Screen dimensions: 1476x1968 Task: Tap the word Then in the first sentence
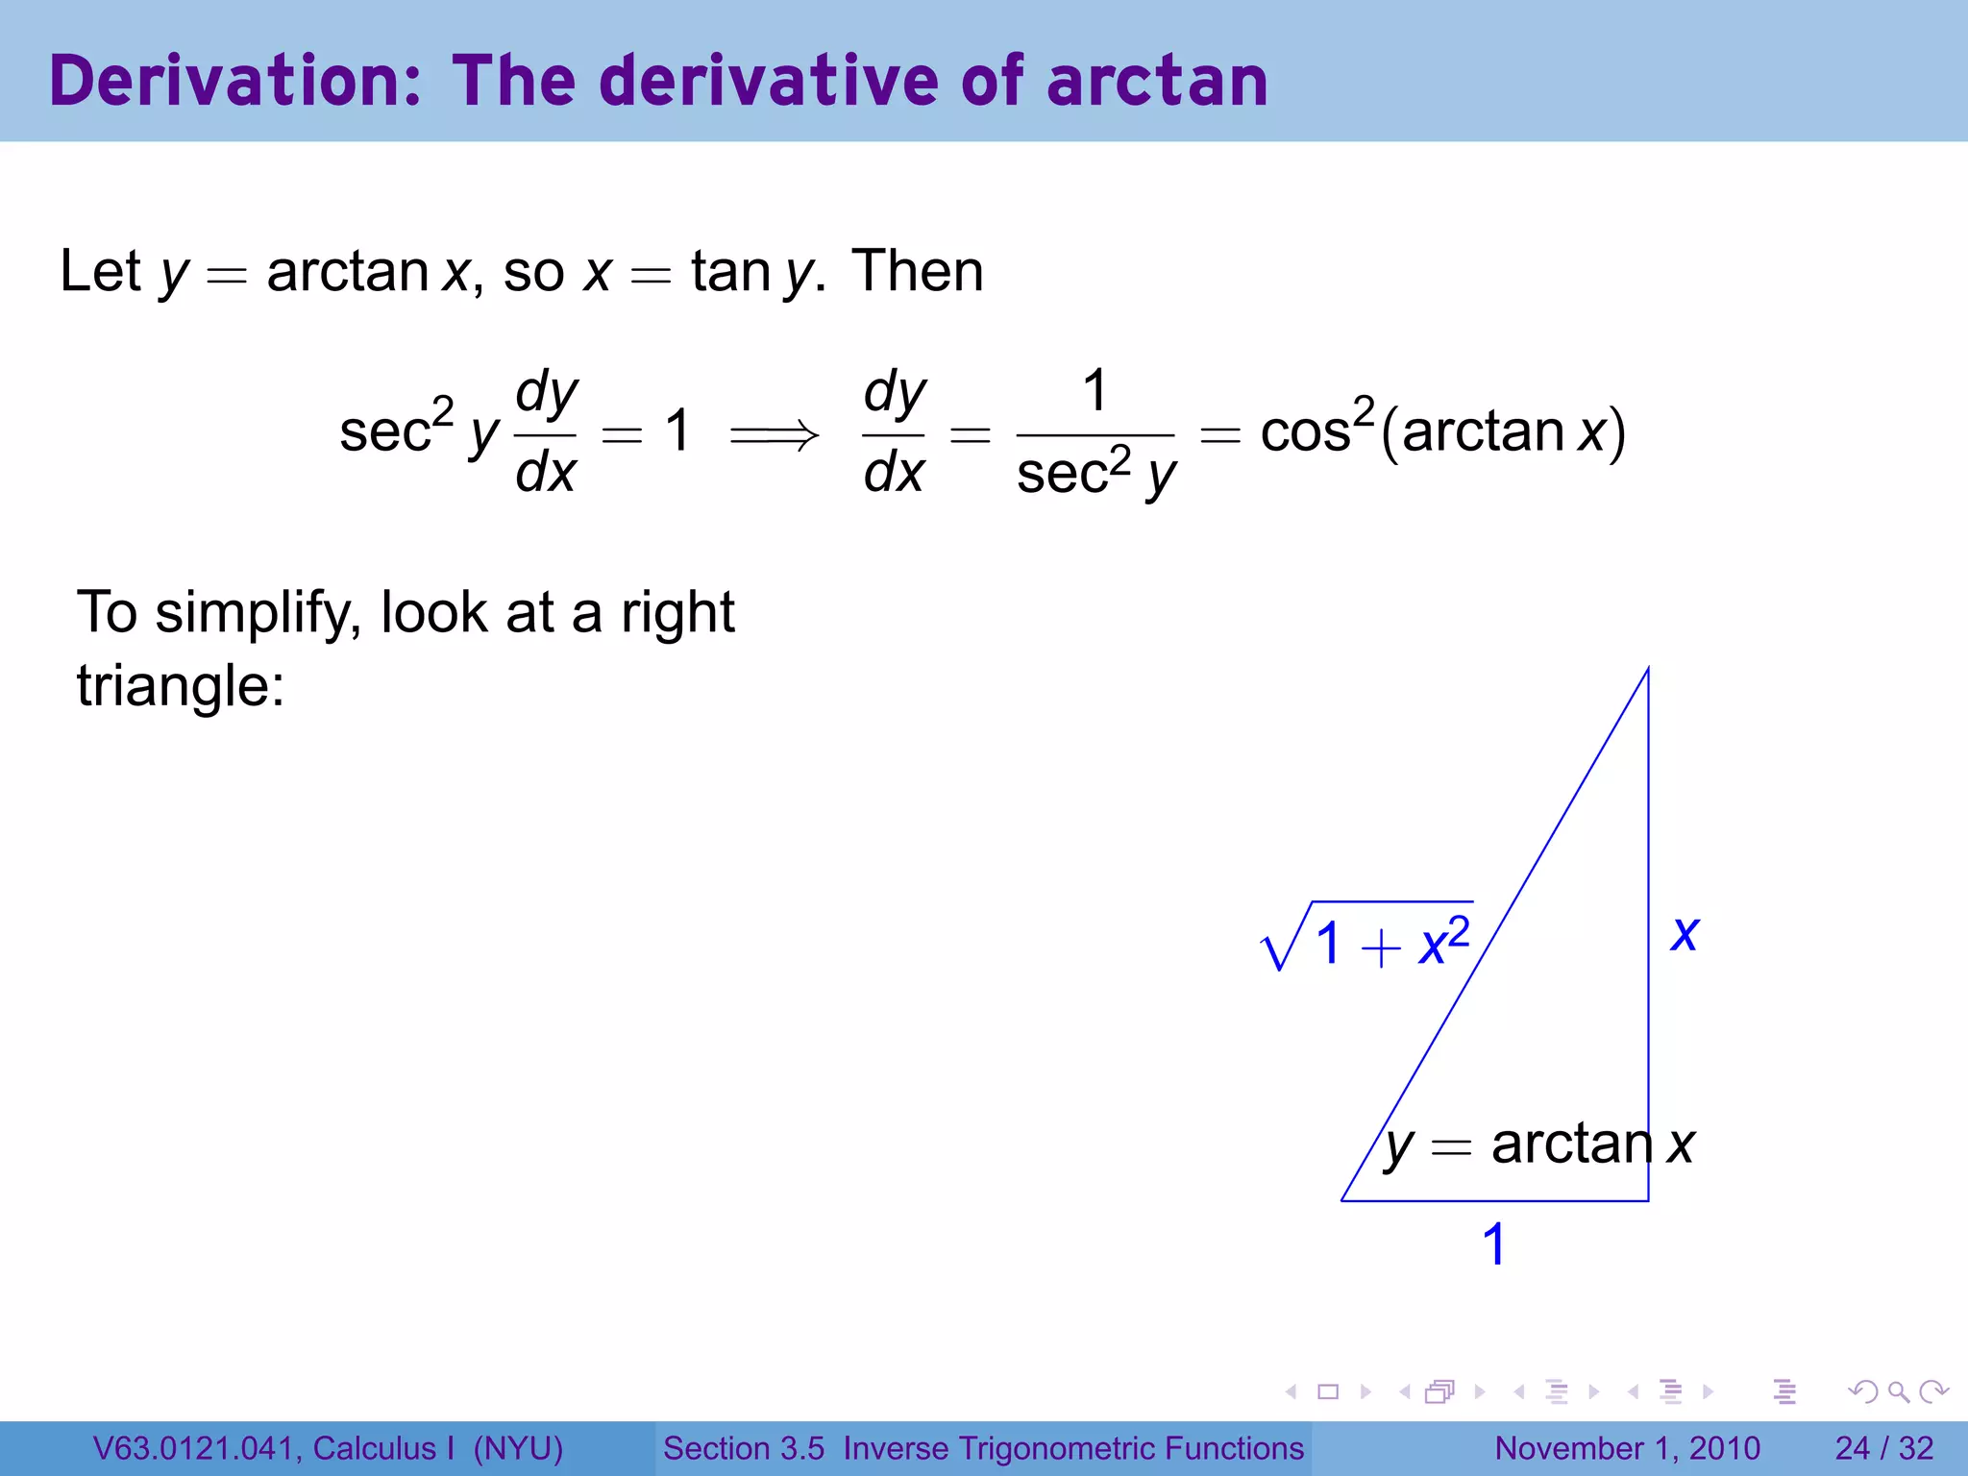tap(918, 271)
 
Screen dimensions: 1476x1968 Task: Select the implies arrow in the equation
tap(775, 435)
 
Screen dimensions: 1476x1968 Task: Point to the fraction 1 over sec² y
tap(1095, 434)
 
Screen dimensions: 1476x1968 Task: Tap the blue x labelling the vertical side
tap(1685, 934)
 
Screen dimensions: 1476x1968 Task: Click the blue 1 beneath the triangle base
tap(1493, 1244)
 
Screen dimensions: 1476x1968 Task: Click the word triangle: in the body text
tap(181, 686)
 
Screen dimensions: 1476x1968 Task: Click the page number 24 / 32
tap(1883, 1448)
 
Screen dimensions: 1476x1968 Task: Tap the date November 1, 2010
tap(1627, 1448)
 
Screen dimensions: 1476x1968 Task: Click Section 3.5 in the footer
tap(744, 1448)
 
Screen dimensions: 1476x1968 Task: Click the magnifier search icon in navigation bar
tap(1898, 1391)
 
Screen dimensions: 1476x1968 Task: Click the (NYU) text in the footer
tap(518, 1448)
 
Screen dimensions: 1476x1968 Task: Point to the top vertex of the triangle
tap(1648, 669)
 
